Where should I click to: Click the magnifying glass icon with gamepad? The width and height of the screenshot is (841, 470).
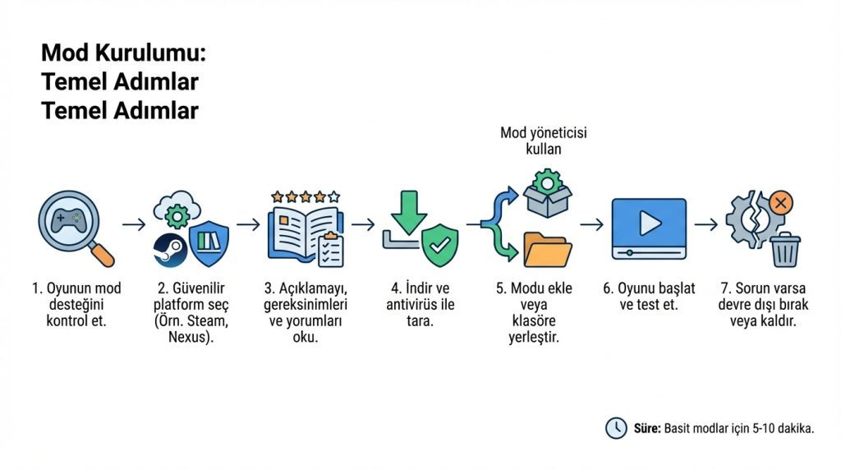coord(76,228)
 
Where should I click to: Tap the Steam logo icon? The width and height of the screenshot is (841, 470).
coord(170,250)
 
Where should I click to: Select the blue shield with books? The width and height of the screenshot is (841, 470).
coord(209,243)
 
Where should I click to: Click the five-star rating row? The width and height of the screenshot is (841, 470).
coord(306,197)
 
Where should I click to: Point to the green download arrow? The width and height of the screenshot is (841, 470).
coord(409,213)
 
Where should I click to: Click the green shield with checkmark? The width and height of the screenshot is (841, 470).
coord(440,245)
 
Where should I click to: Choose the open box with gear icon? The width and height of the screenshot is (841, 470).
coord(548,193)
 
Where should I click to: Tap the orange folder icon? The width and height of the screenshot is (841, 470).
coord(548,250)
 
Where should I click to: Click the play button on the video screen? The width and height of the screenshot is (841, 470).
coord(650,223)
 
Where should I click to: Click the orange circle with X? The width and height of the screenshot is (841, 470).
coord(781,203)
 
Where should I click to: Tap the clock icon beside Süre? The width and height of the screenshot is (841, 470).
coord(616,428)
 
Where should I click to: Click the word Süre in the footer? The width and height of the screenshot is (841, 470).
coord(647,428)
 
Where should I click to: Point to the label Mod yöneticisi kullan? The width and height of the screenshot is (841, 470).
coord(544,141)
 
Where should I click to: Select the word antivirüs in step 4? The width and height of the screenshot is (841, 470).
coord(412,305)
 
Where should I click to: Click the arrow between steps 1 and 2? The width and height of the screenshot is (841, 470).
coord(134,224)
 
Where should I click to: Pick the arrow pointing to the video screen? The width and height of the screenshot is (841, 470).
coord(591,224)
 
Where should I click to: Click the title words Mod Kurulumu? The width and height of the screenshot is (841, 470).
coord(123,53)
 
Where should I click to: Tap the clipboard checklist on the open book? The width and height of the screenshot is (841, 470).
coord(330,251)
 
